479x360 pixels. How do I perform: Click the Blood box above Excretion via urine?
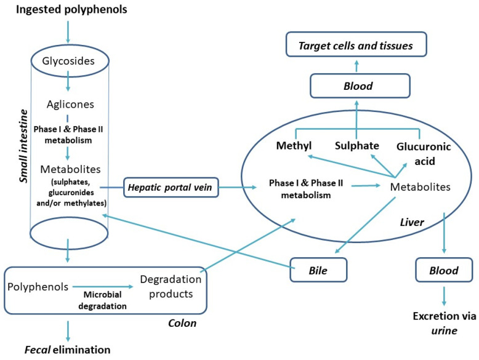(444, 270)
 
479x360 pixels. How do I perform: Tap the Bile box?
(318, 270)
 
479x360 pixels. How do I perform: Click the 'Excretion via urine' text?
(444, 323)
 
